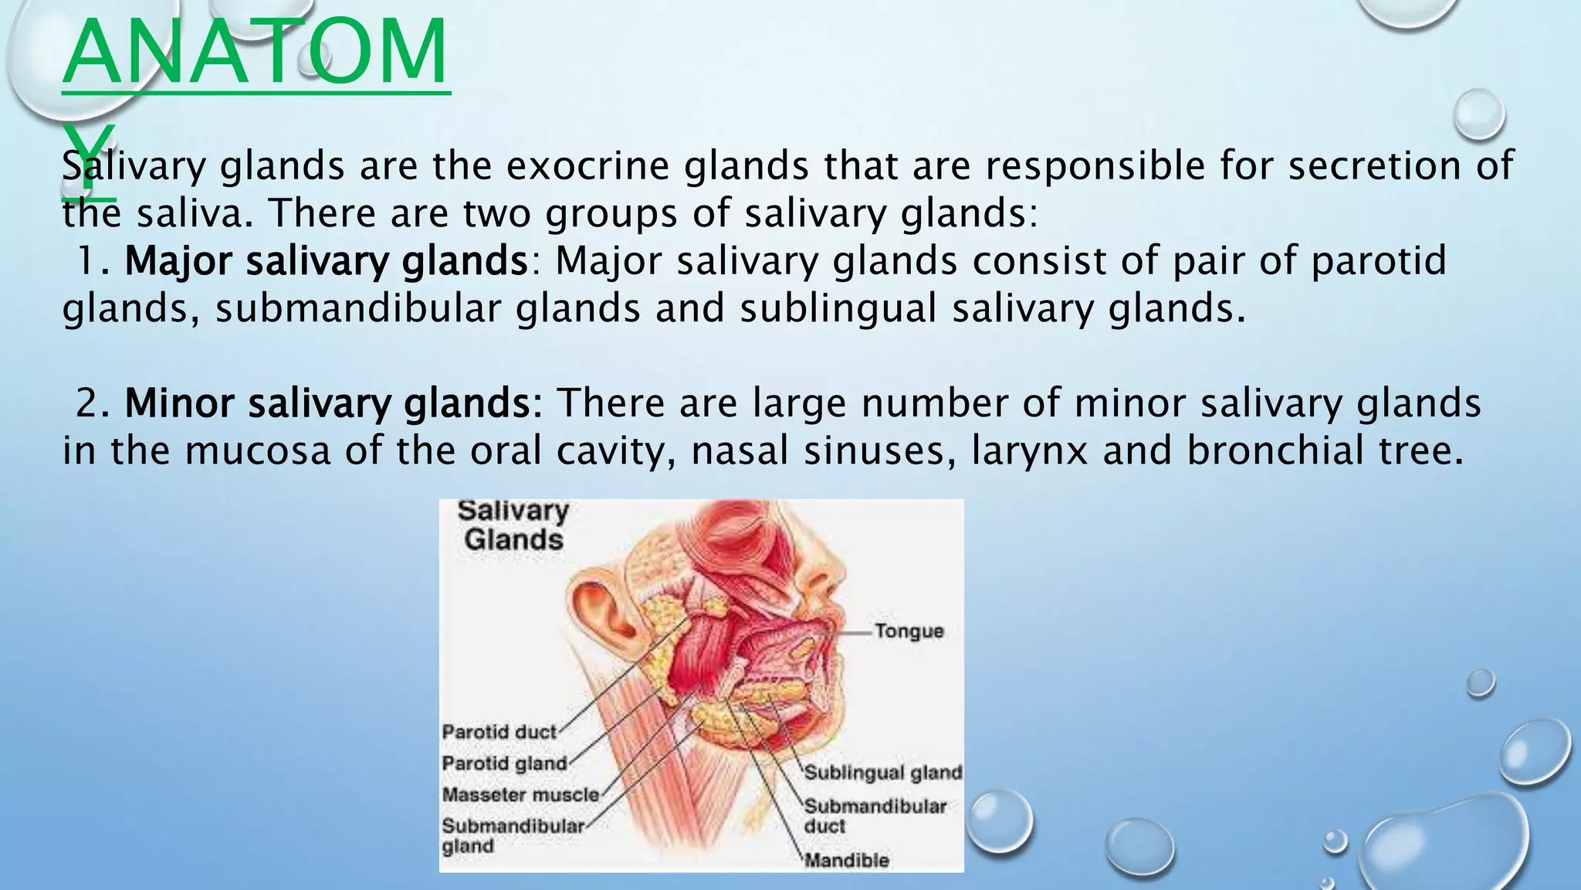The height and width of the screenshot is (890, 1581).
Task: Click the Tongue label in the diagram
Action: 909,631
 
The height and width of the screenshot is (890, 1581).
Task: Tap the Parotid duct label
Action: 499,732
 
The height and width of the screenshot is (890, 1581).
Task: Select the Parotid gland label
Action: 504,763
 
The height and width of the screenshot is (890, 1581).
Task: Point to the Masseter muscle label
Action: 520,794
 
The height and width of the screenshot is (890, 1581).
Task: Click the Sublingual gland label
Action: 883,773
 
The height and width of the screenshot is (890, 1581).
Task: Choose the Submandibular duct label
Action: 875,816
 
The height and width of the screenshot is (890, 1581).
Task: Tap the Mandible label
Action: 847,860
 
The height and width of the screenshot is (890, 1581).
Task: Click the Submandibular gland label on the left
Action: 513,836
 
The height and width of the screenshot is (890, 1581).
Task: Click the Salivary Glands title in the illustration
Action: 513,525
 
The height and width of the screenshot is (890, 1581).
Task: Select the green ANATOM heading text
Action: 255,54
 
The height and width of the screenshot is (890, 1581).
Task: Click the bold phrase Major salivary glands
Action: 326,261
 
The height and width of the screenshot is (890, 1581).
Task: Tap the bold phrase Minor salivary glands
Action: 333,403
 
